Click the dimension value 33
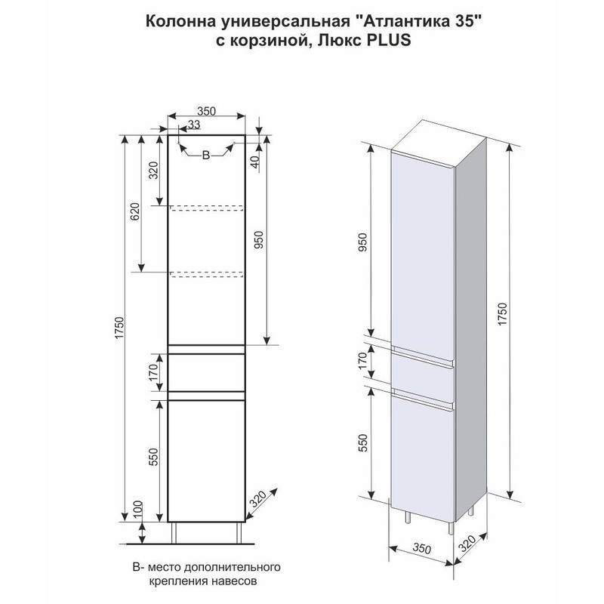pos(194,125)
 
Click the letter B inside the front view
pos(205,156)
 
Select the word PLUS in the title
pos(389,42)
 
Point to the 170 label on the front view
pos(153,372)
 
